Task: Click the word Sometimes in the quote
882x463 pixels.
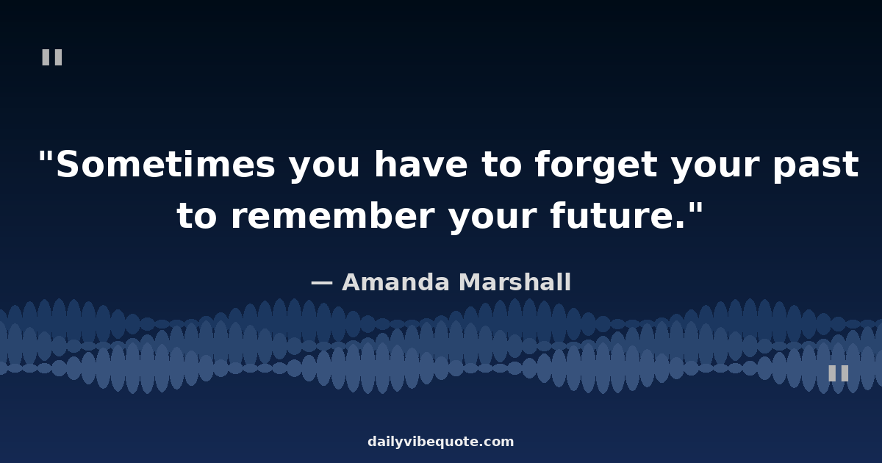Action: pos(166,165)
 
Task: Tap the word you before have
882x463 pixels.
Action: pos(324,168)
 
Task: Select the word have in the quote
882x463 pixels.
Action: pos(421,164)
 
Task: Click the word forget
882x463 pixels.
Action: pos(596,166)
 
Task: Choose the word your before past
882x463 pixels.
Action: pos(714,168)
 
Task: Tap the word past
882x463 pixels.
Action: pos(815,167)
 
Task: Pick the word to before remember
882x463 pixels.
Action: pos(196,217)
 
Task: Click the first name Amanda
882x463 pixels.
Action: pos(395,282)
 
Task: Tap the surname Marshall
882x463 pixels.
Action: pos(515,281)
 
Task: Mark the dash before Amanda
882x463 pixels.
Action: pos(322,283)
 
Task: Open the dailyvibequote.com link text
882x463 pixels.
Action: pos(440,442)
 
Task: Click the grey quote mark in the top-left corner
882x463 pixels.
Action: pos(52,57)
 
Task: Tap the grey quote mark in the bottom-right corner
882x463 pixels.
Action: pos(839,373)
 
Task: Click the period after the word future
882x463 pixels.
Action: pos(680,225)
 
